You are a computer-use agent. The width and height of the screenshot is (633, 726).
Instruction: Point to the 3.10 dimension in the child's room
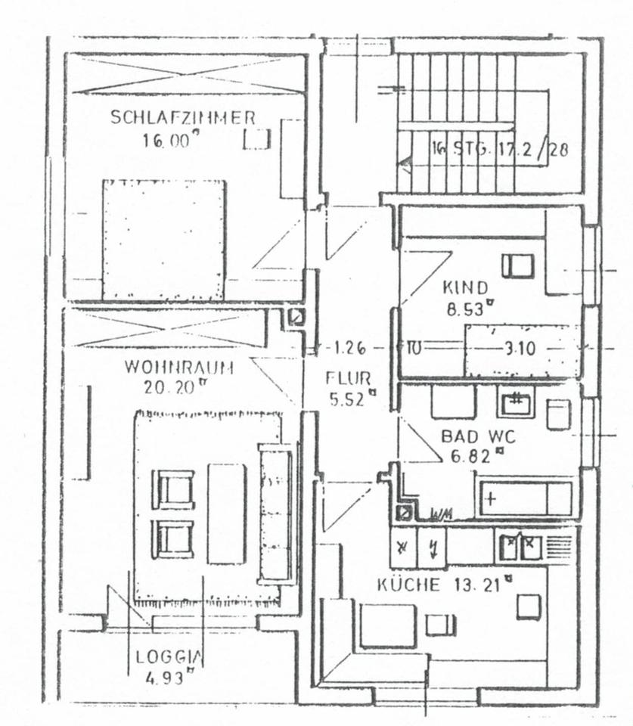[x=519, y=349]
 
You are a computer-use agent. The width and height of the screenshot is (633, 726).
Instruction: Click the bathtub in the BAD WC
[x=525, y=498]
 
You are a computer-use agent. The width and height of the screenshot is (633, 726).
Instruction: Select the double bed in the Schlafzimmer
[x=165, y=240]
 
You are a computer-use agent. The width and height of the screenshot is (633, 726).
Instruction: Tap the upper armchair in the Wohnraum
[x=174, y=489]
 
